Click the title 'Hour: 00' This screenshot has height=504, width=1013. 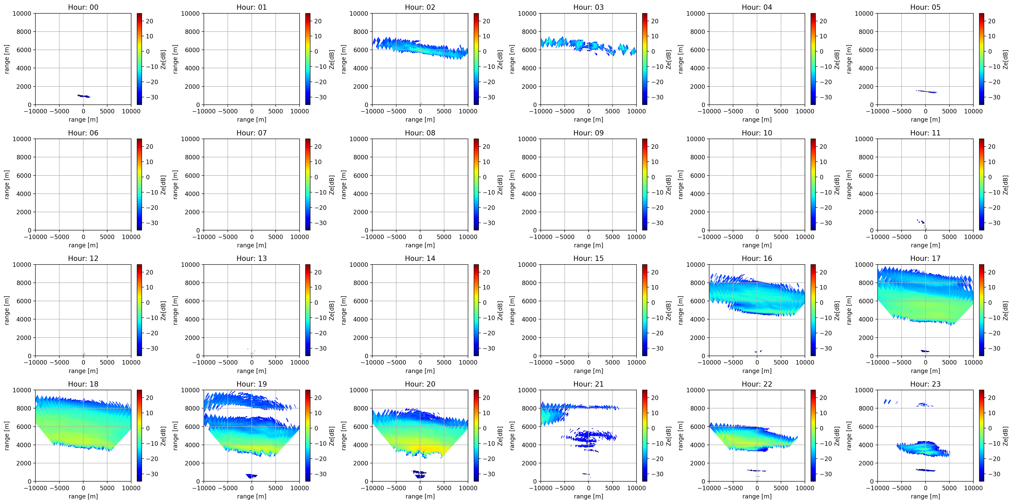pyautogui.click(x=83, y=7)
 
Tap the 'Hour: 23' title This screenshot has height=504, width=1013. pyautogui.click(x=925, y=384)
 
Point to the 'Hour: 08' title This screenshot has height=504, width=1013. pyautogui.click(x=420, y=133)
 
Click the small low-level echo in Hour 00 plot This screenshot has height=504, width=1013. pyautogui.click(x=84, y=96)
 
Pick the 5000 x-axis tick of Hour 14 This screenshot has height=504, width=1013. pyautogui.click(x=444, y=362)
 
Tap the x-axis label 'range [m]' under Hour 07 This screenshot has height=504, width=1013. pyautogui.click(x=252, y=245)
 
